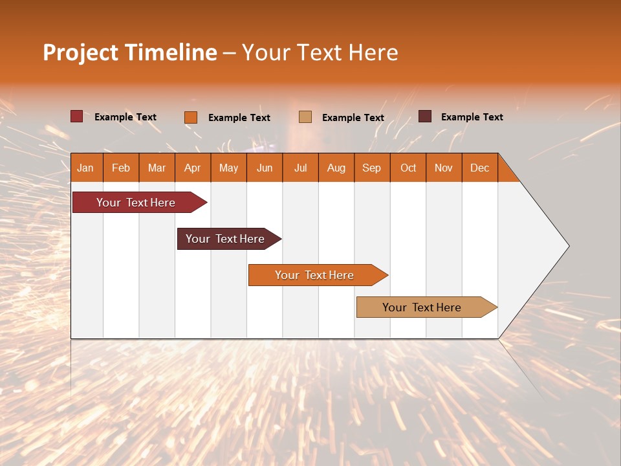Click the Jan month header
85,168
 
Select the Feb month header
121,168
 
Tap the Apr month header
192,168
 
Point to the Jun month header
265,168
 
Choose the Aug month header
336,168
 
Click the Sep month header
371,168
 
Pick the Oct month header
408,168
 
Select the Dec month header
479,168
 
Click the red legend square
76,116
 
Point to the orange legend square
191,117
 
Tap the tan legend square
305,116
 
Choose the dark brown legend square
425,116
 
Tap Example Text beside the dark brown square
472,117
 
